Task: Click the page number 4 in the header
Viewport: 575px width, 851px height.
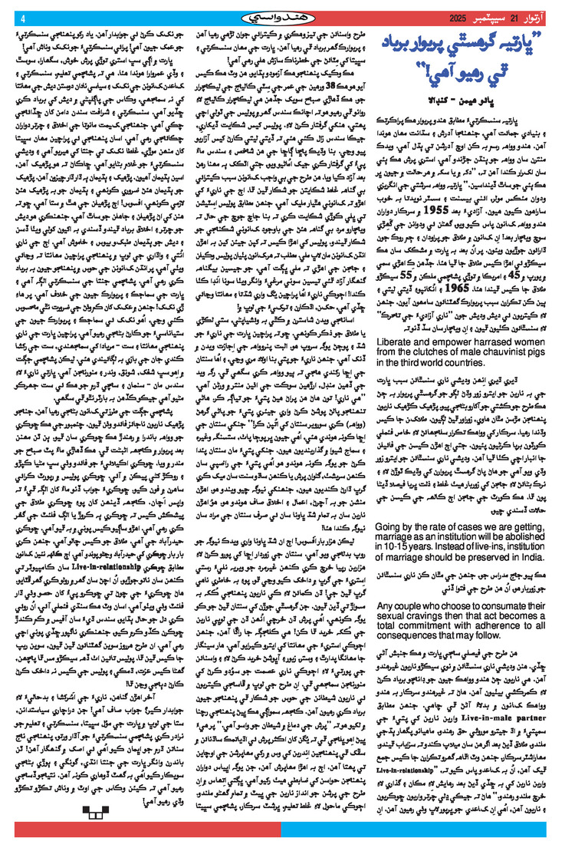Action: (22, 18)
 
